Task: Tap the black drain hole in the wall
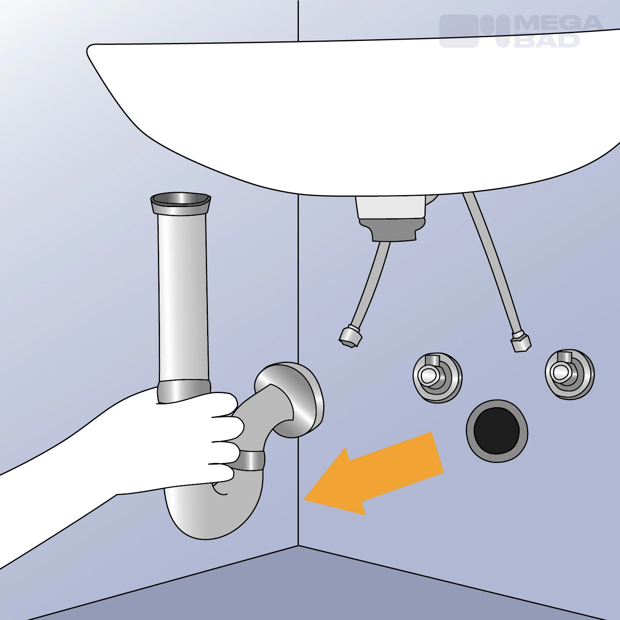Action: pyautogui.click(x=496, y=430)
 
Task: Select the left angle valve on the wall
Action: pyautogui.click(x=437, y=377)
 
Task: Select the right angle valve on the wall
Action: pyautogui.click(x=570, y=374)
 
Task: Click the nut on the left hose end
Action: pyautogui.click(x=350, y=336)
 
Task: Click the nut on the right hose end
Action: pyautogui.click(x=521, y=341)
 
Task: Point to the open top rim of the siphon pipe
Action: pyautogui.click(x=181, y=203)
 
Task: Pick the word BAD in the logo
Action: pyautogui.click(x=547, y=40)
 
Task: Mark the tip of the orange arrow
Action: pyautogui.click(x=304, y=500)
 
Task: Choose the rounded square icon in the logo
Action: pyautogui.click(x=459, y=31)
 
